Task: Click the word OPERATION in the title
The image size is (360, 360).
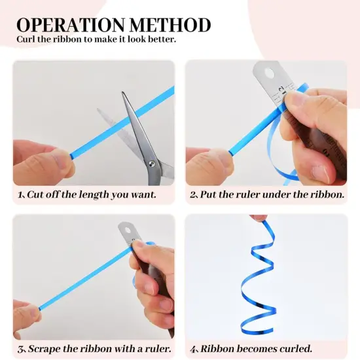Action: coord(71,25)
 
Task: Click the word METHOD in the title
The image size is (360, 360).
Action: coord(170,25)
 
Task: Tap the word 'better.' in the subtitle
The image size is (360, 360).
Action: coord(162,39)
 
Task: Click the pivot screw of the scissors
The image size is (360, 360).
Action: coord(152,164)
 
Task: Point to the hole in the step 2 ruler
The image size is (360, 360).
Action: coord(270,73)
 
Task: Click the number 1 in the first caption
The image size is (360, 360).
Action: coord(20,195)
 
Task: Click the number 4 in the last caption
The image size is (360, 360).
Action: coord(193,350)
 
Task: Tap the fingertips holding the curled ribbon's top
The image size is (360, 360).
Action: coord(259,217)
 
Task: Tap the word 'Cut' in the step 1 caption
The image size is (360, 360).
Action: coord(35,194)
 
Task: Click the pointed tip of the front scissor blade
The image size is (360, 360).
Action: coord(123,92)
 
